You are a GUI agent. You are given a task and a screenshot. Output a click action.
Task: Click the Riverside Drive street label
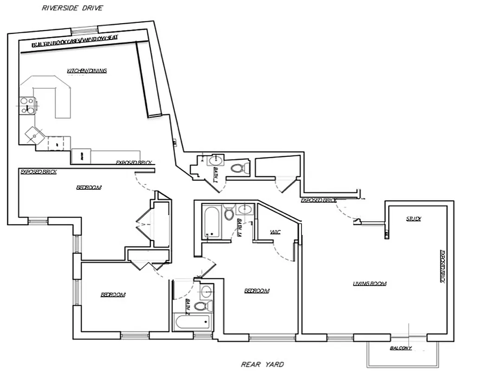click(73, 8)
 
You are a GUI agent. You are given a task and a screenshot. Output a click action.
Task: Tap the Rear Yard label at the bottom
click(262, 365)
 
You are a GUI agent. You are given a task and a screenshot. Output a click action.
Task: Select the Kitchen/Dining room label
click(87, 71)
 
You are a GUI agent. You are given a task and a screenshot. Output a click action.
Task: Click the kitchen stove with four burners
click(27, 105)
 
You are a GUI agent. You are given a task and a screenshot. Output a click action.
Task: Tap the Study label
click(413, 218)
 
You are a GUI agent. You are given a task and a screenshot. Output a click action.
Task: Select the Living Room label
click(370, 283)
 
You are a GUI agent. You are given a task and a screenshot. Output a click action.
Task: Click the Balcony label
click(401, 348)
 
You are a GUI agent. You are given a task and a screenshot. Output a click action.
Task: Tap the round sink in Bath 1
click(215, 160)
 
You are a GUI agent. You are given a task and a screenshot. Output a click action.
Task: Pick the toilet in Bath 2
click(203, 306)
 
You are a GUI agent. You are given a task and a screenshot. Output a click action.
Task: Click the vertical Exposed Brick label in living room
click(442, 267)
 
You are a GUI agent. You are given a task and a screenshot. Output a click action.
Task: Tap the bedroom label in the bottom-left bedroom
click(113, 295)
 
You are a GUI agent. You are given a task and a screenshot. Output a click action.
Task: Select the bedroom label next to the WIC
click(257, 291)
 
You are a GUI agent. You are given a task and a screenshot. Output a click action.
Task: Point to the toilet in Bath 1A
click(229, 214)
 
